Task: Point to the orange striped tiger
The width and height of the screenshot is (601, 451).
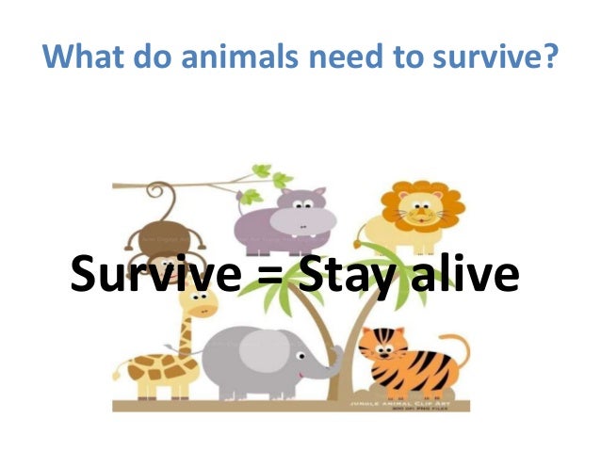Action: coord(410,362)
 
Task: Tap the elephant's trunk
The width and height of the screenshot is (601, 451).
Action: coord(334,362)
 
